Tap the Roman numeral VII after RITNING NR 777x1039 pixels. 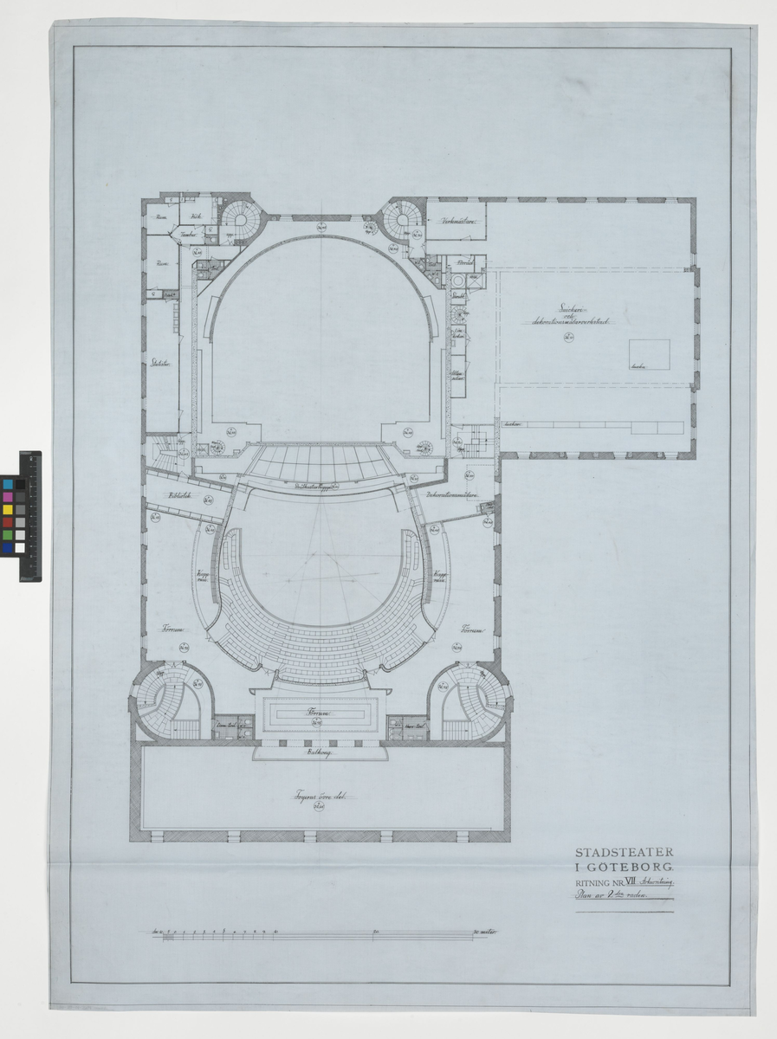pyautogui.click(x=639, y=882)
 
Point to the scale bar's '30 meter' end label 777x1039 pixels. pyautogui.click(x=489, y=933)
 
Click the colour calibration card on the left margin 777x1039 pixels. pyautogui.click(x=29, y=515)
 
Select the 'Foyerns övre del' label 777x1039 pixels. pyautogui.click(x=318, y=796)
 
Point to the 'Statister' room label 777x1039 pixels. pyautogui.click(x=160, y=363)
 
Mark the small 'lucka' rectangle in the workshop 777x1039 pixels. pyautogui.click(x=649, y=354)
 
